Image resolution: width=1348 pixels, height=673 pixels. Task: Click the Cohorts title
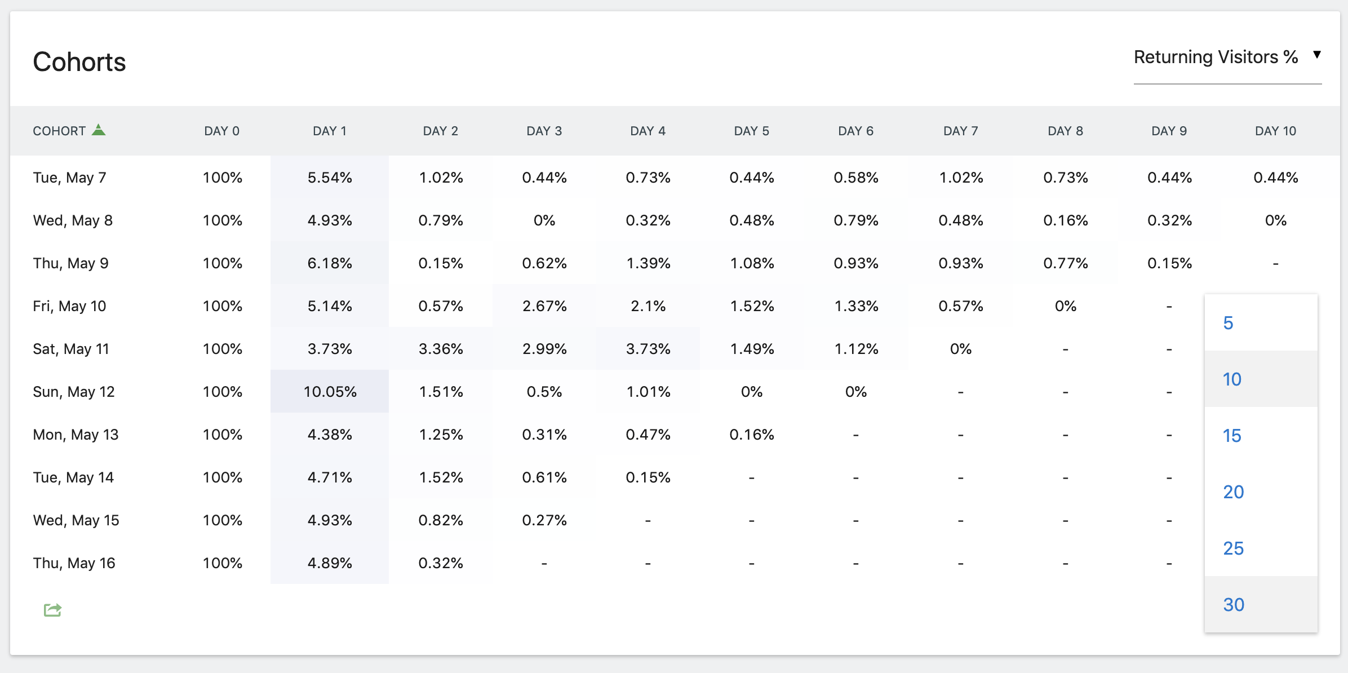tap(79, 61)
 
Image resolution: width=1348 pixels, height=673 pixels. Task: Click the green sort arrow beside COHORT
tap(99, 130)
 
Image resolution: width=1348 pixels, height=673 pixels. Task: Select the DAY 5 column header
tap(751, 131)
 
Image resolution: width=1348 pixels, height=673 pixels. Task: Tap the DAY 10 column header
tap(1275, 131)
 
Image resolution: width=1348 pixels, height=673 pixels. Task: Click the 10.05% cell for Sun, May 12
tap(330, 391)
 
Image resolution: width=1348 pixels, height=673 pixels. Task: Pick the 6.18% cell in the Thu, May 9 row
tap(330, 263)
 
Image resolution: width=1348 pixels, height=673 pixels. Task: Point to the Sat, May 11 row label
tap(71, 349)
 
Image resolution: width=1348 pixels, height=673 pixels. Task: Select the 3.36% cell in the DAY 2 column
tap(441, 349)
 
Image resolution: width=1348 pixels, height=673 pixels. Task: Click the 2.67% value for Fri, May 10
tap(544, 306)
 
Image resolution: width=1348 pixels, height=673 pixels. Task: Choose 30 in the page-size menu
tap(1234, 604)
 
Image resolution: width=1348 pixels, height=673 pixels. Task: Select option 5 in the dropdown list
tap(1229, 323)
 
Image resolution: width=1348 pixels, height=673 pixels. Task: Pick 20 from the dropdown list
tap(1234, 492)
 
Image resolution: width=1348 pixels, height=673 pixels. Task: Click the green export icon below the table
tap(52, 609)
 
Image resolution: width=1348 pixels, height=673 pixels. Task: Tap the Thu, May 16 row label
tap(74, 563)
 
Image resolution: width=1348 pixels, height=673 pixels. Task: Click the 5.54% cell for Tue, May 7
tap(330, 178)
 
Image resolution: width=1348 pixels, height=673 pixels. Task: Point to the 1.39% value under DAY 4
tap(648, 263)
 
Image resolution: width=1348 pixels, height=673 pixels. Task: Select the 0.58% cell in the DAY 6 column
tap(856, 178)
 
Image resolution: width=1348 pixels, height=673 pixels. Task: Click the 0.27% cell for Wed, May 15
tap(544, 520)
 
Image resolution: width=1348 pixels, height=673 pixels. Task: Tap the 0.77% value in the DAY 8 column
tap(1065, 263)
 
